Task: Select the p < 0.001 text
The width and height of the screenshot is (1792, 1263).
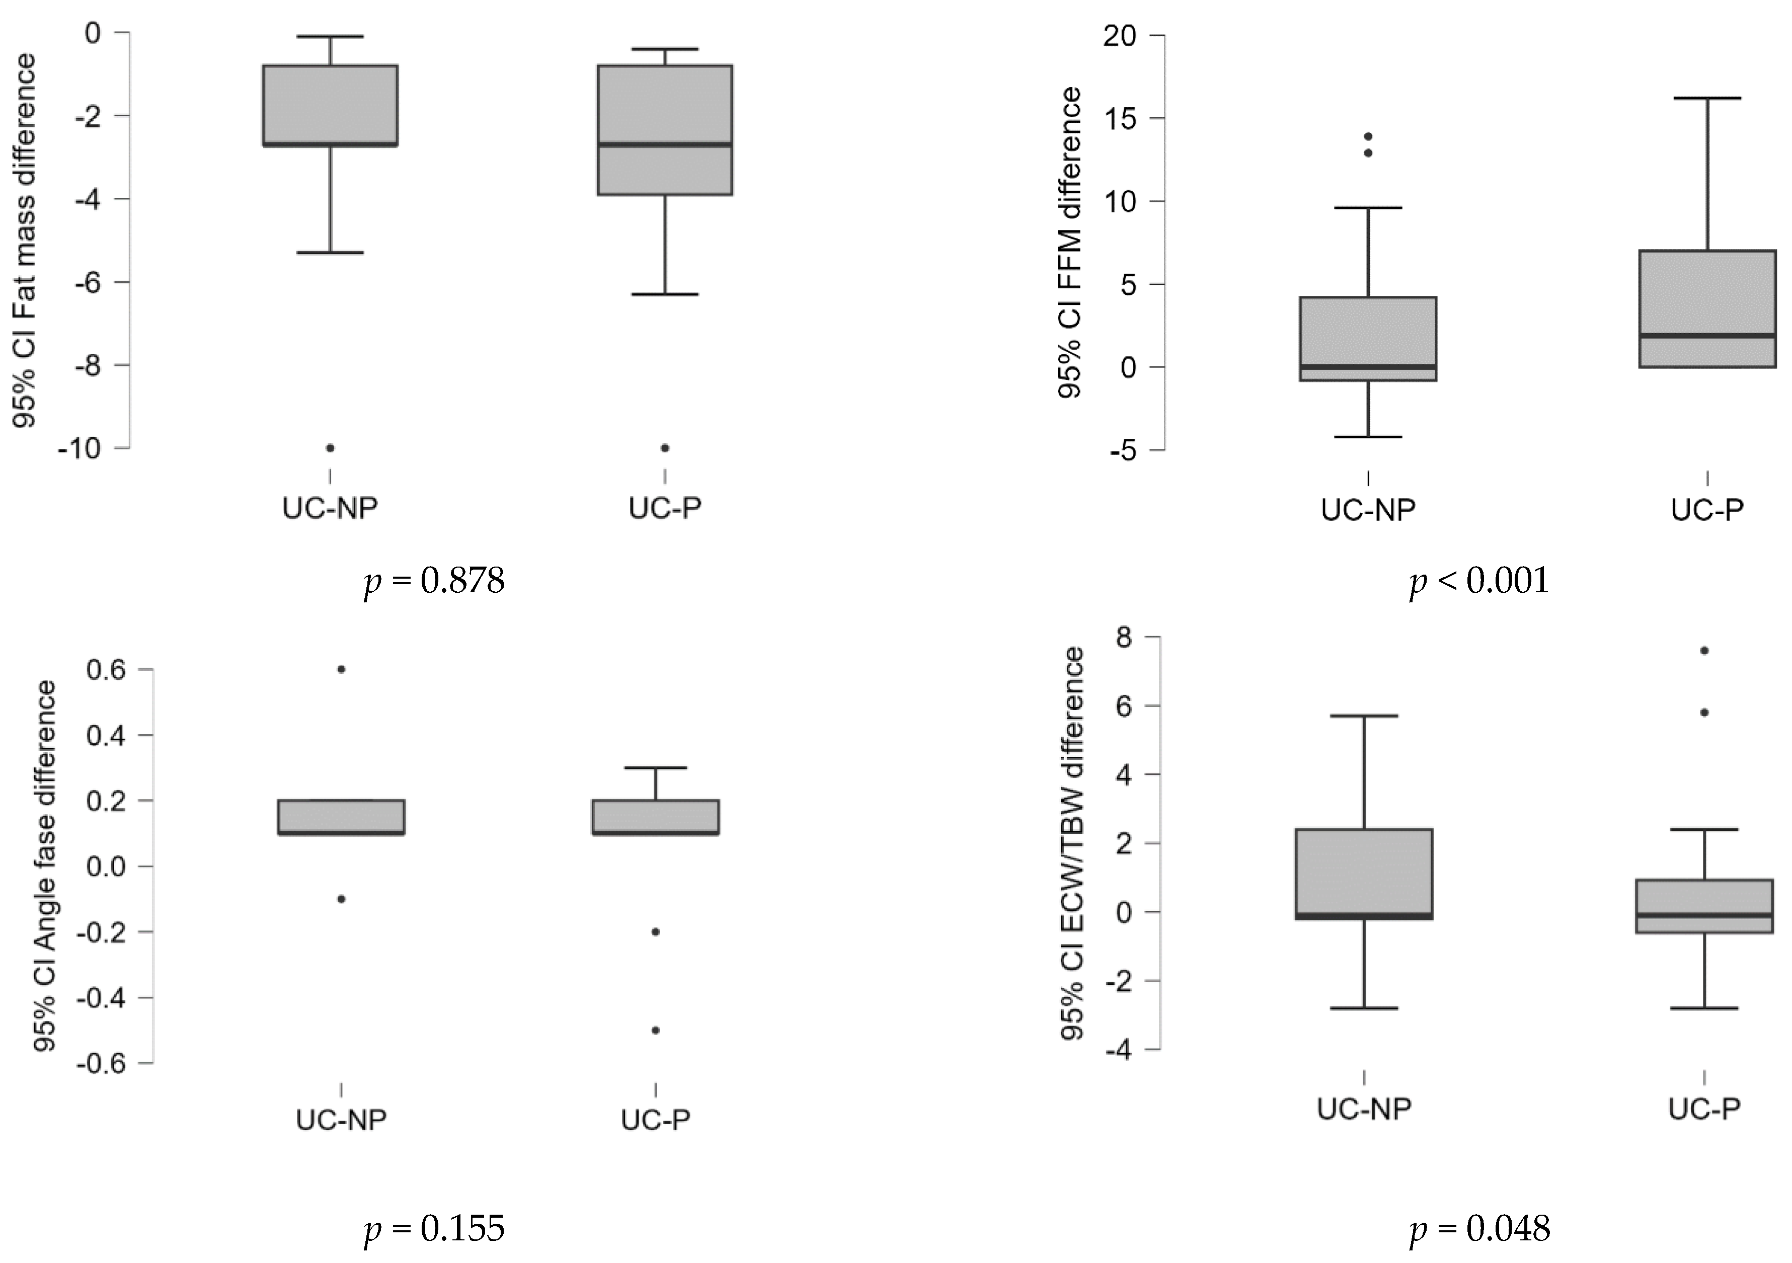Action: pyautogui.click(x=1479, y=582)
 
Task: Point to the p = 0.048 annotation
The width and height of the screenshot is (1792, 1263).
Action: pyautogui.click(x=1479, y=1228)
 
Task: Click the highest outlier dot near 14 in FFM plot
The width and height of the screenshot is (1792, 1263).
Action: pyautogui.click(x=1367, y=136)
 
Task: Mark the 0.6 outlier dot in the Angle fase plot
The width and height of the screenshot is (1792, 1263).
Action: pyautogui.click(x=341, y=669)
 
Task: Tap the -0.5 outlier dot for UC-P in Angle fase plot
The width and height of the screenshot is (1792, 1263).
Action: pyautogui.click(x=656, y=1031)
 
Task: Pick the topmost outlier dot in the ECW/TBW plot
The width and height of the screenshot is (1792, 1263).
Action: pyautogui.click(x=1704, y=650)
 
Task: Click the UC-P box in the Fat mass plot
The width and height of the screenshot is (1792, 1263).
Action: pyautogui.click(x=665, y=130)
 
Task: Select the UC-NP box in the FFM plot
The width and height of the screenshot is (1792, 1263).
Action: pyautogui.click(x=1368, y=338)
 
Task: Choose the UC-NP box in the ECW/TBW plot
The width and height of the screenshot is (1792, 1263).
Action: pyautogui.click(x=1364, y=874)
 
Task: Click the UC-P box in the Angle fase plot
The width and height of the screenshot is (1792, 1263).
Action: pyautogui.click(x=656, y=817)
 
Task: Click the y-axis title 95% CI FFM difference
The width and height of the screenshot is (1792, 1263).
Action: pyautogui.click(x=1071, y=243)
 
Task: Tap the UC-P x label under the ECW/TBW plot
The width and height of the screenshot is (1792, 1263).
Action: pyautogui.click(x=1704, y=1109)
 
